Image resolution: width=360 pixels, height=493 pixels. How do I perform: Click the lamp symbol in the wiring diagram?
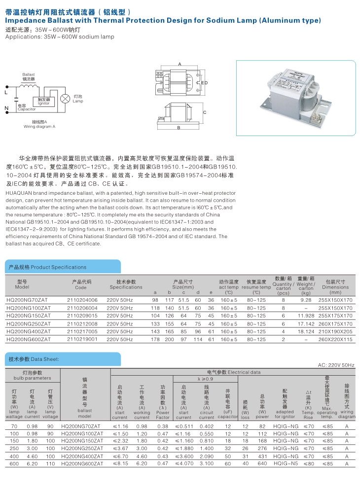[64, 99]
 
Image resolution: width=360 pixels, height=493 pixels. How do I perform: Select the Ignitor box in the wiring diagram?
[43, 102]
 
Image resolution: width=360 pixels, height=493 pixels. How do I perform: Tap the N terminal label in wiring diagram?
[6, 108]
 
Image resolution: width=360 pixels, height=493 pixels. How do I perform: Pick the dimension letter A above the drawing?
[180, 64]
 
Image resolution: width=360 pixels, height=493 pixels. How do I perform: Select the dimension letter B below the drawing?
[178, 128]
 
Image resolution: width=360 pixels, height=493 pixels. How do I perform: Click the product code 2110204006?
[82, 300]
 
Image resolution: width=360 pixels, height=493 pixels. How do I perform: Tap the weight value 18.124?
[306, 331]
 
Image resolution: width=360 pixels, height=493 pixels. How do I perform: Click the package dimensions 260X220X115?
[335, 339]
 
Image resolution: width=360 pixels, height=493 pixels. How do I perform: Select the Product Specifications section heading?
[40, 267]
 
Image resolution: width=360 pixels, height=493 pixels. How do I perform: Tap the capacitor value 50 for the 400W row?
[228, 457]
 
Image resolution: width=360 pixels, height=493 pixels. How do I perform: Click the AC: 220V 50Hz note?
[336, 365]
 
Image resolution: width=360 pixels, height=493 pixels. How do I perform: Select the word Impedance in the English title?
[25, 21]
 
